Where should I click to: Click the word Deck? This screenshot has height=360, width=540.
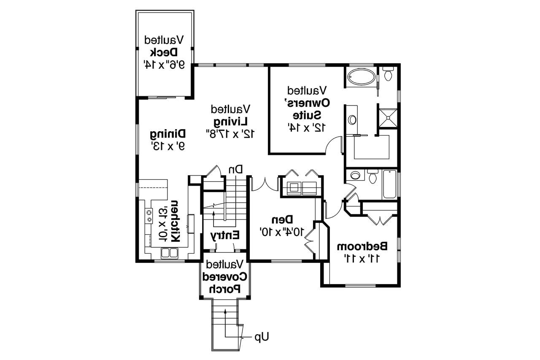[x=164, y=52]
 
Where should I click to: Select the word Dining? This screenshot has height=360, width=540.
[x=168, y=134]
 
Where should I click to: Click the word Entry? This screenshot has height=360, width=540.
[x=225, y=235]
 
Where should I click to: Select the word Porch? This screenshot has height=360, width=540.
[x=225, y=289]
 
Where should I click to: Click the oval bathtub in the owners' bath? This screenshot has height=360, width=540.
[x=362, y=77]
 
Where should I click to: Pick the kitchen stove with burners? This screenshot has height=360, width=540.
[x=149, y=216]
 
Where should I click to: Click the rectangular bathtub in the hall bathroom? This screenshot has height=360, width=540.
[x=390, y=184]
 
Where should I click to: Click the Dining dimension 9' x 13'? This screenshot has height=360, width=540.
[x=168, y=146]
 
